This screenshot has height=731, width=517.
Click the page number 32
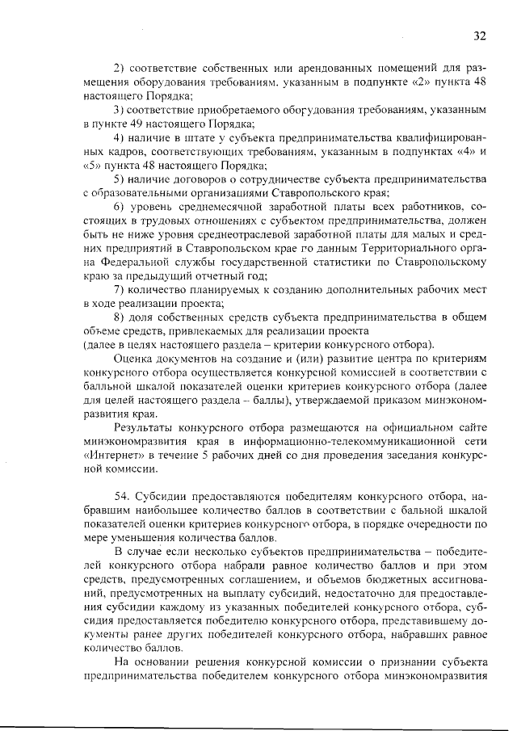(x=480, y=35)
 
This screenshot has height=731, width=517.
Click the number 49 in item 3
(x=128, y=123)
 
